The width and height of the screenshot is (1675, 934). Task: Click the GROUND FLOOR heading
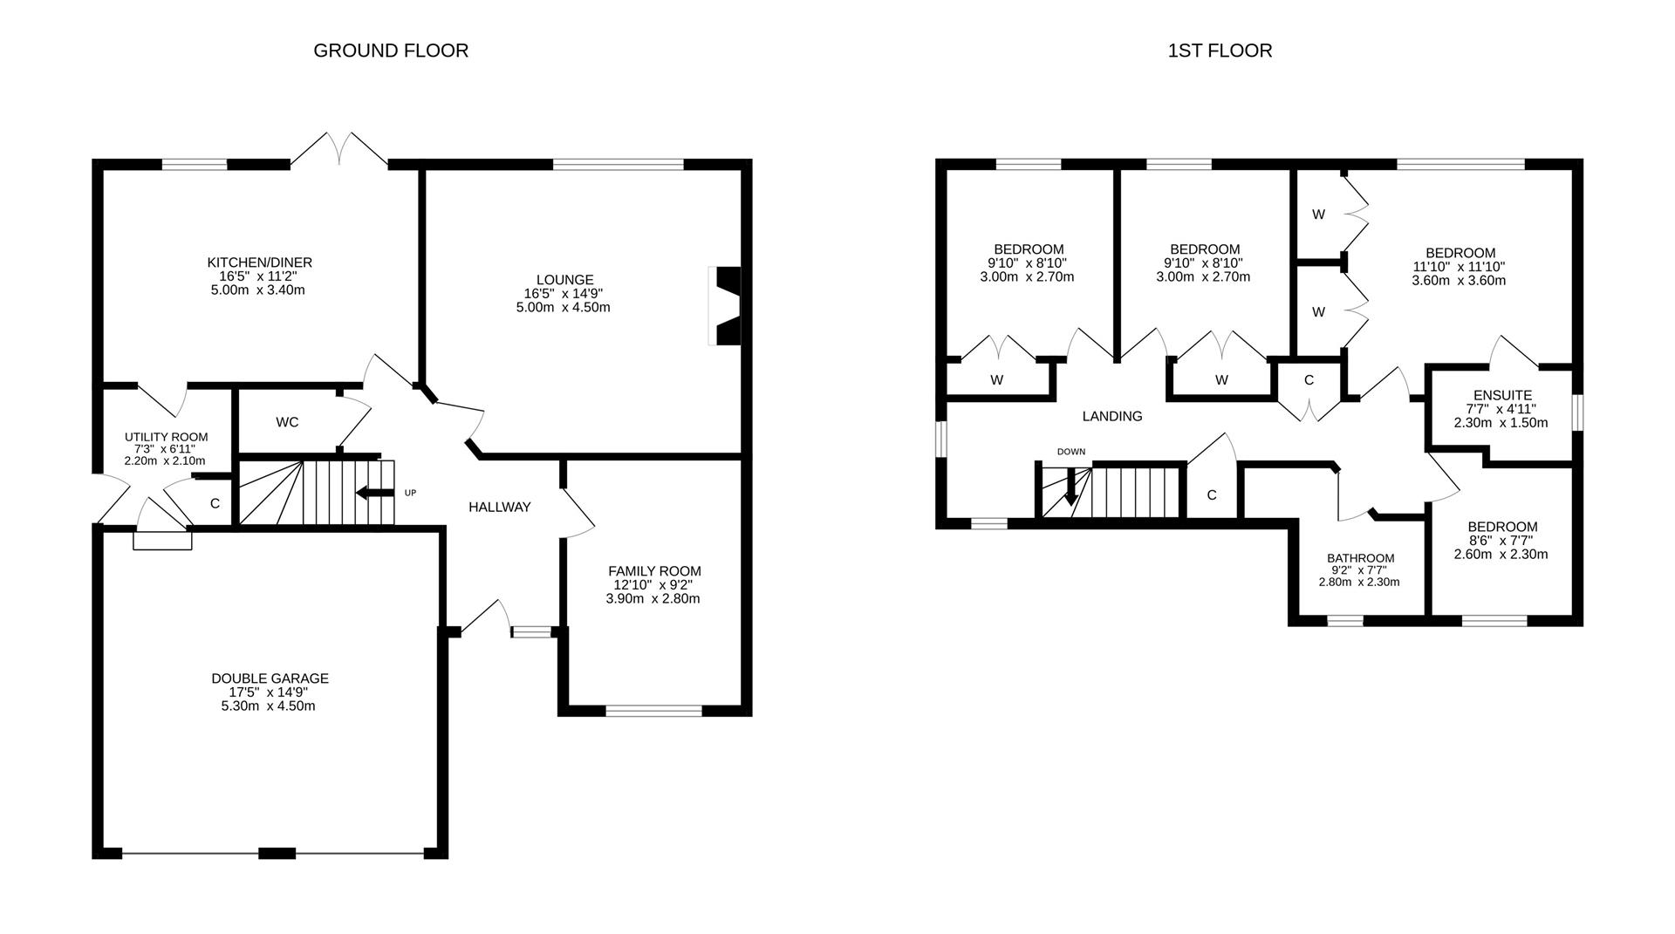(391, 51)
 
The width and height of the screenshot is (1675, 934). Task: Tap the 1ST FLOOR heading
(1220, 51)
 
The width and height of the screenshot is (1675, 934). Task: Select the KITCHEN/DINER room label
(259, 262)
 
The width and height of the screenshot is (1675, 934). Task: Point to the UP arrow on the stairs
(374, 494)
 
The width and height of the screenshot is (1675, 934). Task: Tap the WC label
(287, 422)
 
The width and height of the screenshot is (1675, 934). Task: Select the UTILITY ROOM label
(166, 437)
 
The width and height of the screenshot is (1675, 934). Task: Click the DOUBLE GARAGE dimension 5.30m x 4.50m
(269, 706)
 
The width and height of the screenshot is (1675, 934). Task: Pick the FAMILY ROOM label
(654, 571)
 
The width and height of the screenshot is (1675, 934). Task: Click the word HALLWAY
(499, 507)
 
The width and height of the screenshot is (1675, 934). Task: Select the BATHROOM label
(1360, 558)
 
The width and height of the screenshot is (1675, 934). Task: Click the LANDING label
(1111, 416)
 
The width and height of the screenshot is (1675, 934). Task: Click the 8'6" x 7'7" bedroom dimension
(1501, 540)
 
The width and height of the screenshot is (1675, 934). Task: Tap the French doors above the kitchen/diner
(338, 150)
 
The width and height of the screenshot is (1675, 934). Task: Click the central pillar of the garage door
(277, 853)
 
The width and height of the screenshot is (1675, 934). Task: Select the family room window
(653, 711)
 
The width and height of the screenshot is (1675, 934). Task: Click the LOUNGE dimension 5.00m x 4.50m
(563, 308)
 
